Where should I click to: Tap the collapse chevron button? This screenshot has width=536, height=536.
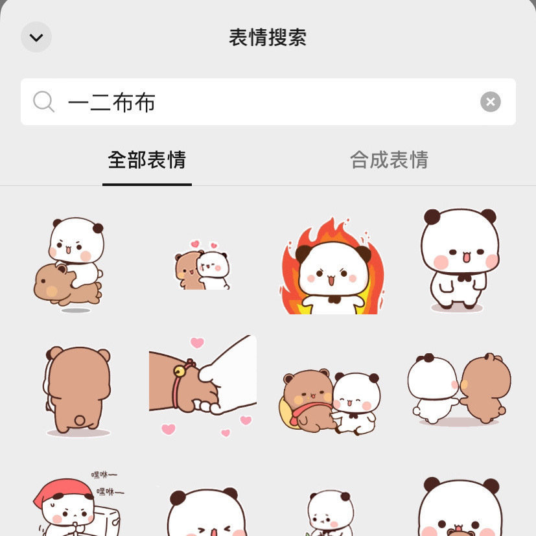(x=36, y=37)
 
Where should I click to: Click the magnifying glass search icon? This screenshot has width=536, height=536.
(x=43, y=102)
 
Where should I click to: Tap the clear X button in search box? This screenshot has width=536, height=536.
(x=490, y=102)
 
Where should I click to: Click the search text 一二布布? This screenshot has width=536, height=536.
(x=111, y=102)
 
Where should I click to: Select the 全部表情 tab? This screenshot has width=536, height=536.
(x=147, y=159)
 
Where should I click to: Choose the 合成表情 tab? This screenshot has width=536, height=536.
(x=389, y=159)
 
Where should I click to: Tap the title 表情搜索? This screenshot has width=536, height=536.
(x=268, y=37)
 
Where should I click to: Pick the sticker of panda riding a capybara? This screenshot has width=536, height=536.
(x=69, y=265)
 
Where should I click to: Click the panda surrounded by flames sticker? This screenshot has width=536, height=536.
(x=332, y=266)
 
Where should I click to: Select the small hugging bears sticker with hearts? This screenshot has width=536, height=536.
(x=202, y=265)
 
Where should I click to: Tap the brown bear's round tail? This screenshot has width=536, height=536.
(x=80, y=420)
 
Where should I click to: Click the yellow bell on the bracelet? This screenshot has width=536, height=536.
(x=179, y=371)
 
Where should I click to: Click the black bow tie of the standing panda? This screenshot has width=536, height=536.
(x=464, y=278)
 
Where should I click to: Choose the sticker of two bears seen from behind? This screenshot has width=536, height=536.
(x=459, y=390)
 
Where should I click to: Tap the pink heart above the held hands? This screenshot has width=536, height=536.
(x=197, y=342)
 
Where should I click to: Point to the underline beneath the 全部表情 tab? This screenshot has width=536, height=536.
(x=147, y=185)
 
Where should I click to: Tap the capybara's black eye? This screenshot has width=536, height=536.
(x=43, y=281)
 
